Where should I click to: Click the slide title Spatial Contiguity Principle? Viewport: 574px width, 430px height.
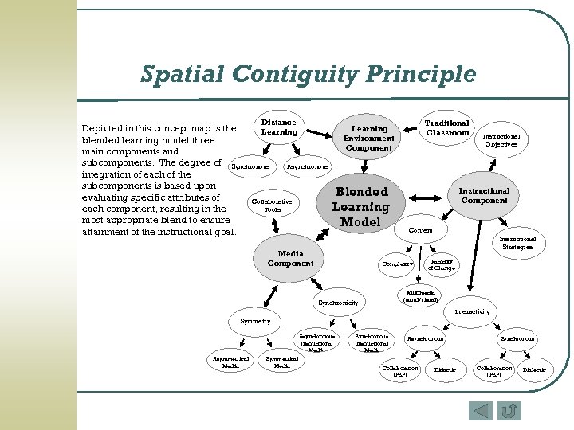click(308, 74)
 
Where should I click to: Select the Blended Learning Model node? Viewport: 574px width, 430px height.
click(361, 206)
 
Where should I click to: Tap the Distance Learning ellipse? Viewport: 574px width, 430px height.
click(278, 127)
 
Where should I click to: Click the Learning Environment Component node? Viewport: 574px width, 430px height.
click(369, 138)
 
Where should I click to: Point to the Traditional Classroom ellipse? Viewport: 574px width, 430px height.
click(447, 128)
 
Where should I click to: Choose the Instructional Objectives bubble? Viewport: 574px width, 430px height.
click(501, 140)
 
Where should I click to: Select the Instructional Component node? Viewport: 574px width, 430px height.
click(484, 196)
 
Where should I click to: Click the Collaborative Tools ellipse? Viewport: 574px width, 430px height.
click(272, 205)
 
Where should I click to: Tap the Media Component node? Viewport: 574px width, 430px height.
click(290, 259)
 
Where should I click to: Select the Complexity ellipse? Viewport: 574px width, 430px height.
click(398, 263)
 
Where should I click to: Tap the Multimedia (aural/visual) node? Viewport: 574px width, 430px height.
click(422, 295)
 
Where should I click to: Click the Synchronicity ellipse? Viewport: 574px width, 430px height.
click(337, 303)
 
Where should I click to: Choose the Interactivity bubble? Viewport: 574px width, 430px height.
click(472, 311)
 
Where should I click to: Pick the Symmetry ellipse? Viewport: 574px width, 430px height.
click(255, 321)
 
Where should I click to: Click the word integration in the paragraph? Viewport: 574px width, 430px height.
click(110, 174)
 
